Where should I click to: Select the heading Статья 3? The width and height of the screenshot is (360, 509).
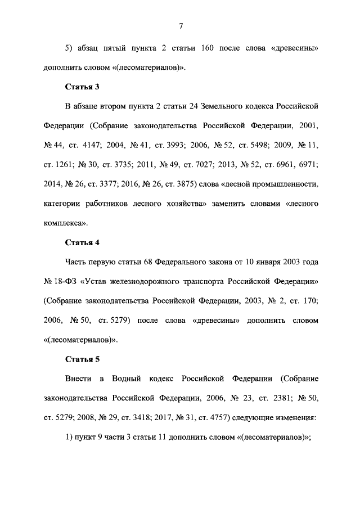(x=82, y=87)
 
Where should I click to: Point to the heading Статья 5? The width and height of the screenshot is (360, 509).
(x=82, y=359)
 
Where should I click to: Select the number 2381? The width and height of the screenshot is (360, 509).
(x=275, y=398)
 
